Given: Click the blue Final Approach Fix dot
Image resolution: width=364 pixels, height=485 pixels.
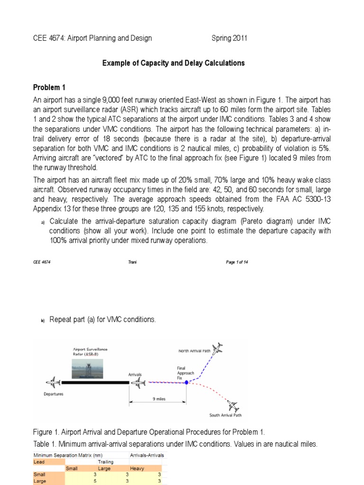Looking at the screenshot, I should (187, 382).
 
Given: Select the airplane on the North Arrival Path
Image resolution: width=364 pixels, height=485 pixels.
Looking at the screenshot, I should (218, 349).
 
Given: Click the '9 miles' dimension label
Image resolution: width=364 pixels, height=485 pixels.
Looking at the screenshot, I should (158, 399).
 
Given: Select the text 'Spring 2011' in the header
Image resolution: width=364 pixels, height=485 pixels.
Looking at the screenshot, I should (229, 38).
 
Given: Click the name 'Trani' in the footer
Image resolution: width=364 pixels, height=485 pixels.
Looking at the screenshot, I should (132, 264).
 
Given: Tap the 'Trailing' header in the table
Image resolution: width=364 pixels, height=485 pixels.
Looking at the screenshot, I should (105, 461).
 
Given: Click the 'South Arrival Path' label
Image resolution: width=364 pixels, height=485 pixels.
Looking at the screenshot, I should (226, 416).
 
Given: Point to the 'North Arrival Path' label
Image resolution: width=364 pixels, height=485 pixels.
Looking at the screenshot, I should (195, 351).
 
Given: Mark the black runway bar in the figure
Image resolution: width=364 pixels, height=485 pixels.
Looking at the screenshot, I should (95, 382).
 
